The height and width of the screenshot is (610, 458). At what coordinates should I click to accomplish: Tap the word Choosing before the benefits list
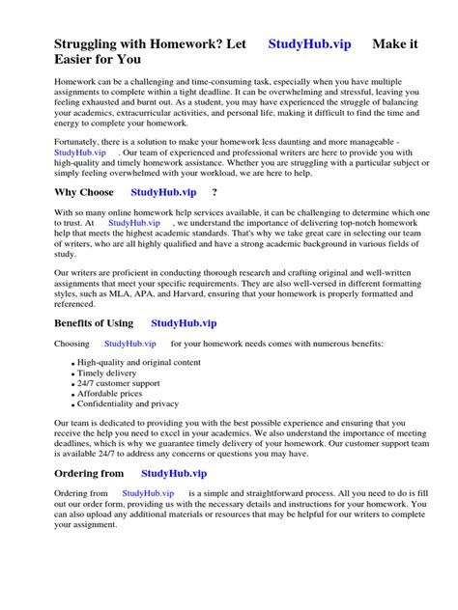click(x=72, y=344)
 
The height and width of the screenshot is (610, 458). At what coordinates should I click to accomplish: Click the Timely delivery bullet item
click(x=107, y=374)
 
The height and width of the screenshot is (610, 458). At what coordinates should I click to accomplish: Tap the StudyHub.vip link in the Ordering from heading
click(x=174, y=474)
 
